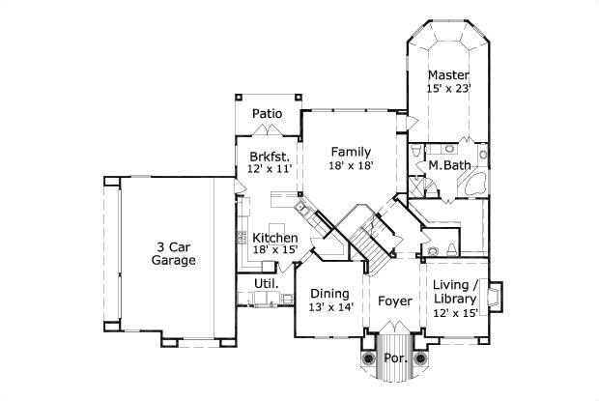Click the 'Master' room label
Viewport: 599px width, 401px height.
[448, 74]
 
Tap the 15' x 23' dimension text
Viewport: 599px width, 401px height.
[448, 89]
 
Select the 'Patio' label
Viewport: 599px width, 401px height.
[267, 114]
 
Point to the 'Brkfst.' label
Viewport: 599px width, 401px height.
[268, 156]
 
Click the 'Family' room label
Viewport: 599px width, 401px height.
[351, 152]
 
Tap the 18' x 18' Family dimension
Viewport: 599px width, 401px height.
[351, 166]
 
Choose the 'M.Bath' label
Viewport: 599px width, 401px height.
[450, 166]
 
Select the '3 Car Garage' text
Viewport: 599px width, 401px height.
[175, 253]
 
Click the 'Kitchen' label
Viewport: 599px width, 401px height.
[274, 238]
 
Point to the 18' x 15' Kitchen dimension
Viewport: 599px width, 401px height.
[274, 251]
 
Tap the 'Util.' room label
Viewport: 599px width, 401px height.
[266, 284]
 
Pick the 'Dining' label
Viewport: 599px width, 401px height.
[330, 293]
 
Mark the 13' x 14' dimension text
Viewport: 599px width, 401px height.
[330, 307]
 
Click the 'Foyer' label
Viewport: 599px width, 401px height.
[394, 301]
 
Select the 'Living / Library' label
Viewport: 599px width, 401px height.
[456, 291]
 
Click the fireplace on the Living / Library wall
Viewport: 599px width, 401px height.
[495, 298]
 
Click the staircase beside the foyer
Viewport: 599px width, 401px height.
[371, 238]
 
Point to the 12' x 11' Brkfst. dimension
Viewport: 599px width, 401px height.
[268, 170]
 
